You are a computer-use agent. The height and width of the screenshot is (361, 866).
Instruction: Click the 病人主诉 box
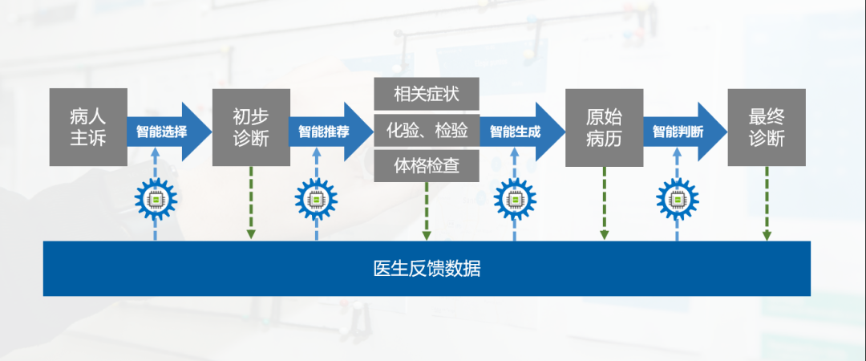pos(88,127)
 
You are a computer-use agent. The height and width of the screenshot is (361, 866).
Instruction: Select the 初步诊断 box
pos(251,127)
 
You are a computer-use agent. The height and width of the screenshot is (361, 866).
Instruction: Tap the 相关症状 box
pos(426,93)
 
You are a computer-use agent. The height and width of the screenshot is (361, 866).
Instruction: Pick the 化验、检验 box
pos(426,130)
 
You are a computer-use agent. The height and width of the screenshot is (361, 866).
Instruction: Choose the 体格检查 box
pos(426,166)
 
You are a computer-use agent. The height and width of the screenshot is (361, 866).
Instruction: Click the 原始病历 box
pos(605,127)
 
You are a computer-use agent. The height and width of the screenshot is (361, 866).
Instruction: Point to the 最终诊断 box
pos(767,127)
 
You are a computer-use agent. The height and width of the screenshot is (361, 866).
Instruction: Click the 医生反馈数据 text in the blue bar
pos(427,268)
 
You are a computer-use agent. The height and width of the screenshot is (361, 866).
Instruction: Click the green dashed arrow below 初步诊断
pos(251,205)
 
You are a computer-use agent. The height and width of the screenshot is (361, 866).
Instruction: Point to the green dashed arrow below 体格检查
pos(426,210)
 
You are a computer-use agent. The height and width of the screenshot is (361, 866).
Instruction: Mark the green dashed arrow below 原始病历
pos(605,205)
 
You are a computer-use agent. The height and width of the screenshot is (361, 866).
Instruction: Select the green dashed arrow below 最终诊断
pos(767,205)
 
